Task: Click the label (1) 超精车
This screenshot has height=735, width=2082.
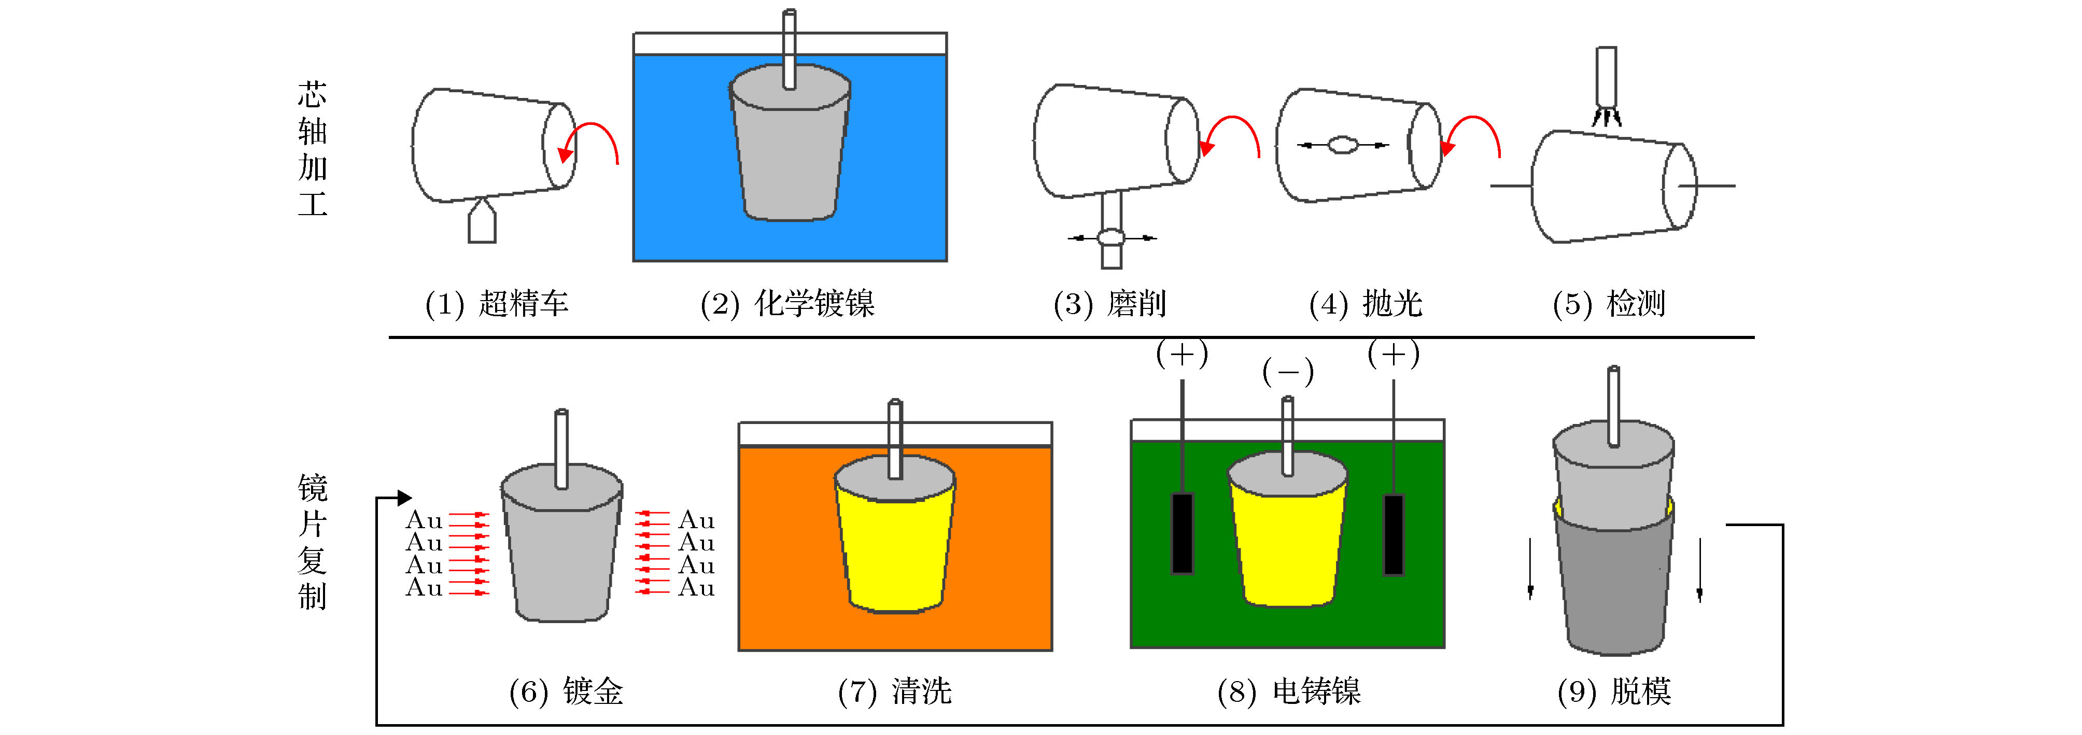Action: (x=496, y=304)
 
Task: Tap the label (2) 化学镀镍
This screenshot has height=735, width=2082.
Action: (x=787, y=304)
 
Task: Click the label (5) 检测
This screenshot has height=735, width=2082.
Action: (x=1608, y=304)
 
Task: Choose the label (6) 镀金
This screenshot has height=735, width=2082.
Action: (x=566, y=691)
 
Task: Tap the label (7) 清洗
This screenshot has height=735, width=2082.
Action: (x=895, y=691)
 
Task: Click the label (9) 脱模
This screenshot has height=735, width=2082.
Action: (x=1613, y=691)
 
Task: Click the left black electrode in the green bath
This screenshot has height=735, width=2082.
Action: (x=1183, y=533)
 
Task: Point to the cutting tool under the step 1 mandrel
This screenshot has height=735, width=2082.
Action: (x=482, y=222)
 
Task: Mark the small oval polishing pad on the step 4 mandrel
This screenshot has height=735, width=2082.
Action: (x=1343, y=145)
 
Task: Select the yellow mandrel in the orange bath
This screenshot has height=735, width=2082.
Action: (x=895, y=541)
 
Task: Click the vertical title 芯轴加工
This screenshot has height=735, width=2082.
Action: (x=312, y=149)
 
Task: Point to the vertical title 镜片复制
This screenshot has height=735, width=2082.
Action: (x=312, y=541)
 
